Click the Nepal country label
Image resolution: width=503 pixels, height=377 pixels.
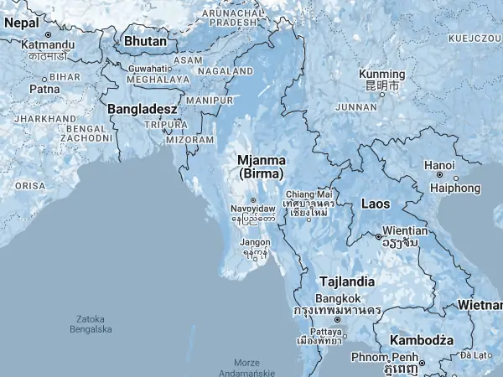point(20,24)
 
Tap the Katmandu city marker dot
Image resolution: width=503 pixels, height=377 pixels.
point(49,34)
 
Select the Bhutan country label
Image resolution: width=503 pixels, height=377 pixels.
point(145,40)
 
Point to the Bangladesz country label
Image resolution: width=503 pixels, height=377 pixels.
point(142,109)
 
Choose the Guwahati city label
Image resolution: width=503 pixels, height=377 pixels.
point(150,69)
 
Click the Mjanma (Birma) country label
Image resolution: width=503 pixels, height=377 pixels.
point(262,167)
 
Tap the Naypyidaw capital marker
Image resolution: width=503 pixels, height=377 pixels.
point(253,200)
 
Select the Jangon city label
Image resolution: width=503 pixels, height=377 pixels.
point(255,242)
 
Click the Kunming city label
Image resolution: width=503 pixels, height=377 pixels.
point(381,74)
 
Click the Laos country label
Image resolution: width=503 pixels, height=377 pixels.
point(375,204)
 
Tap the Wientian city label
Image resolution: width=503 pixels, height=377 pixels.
point(406,229)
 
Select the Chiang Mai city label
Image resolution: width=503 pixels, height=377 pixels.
point(309,194)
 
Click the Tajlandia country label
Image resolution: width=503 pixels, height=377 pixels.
point(345,281)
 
